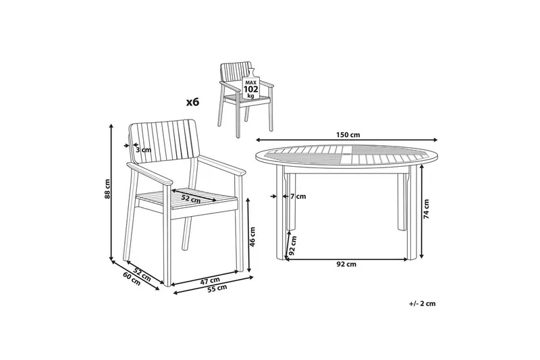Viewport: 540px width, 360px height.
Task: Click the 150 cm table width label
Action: tap(348, 134)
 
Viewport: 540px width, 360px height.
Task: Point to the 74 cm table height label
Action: tap(427, 209)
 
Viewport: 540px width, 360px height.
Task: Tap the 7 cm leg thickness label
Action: tap(298, 197)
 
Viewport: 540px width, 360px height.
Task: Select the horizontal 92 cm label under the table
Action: tap(346, 265)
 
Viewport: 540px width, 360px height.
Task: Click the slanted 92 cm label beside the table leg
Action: tap(293, 246)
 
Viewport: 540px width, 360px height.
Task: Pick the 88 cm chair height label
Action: tap(107, 189)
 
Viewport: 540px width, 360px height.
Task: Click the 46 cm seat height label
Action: tap(252, 236)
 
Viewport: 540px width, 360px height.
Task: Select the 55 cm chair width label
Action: tap(217, 288)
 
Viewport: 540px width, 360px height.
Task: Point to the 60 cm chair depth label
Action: tap(132, 278)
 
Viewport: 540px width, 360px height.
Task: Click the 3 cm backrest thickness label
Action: tap(143, 150)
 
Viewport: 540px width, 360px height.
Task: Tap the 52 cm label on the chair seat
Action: tap(191, 198)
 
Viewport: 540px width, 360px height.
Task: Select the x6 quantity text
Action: tap(193, 102)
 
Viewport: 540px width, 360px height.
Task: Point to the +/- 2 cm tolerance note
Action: tap(423, 303)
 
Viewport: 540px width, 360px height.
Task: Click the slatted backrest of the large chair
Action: tap(163, 144)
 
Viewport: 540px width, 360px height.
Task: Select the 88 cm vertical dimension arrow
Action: tap(111, 192)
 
